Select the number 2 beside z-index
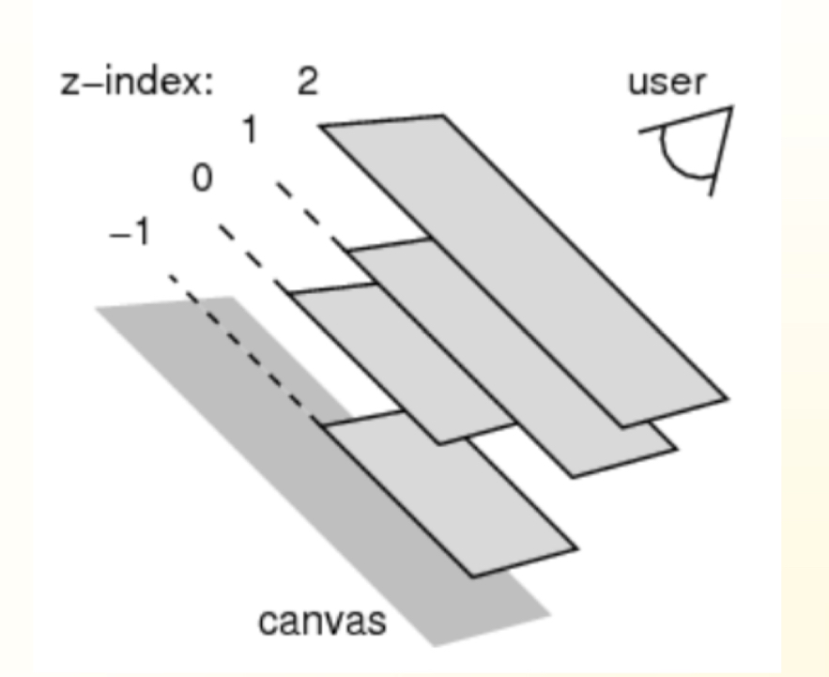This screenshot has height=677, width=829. click(307, 83)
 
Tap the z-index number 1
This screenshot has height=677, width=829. click(250, 131)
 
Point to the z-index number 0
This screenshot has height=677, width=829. click(202, 178)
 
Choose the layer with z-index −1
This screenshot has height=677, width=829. click(451, 498)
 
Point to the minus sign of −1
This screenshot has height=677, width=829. click(116, 233)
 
